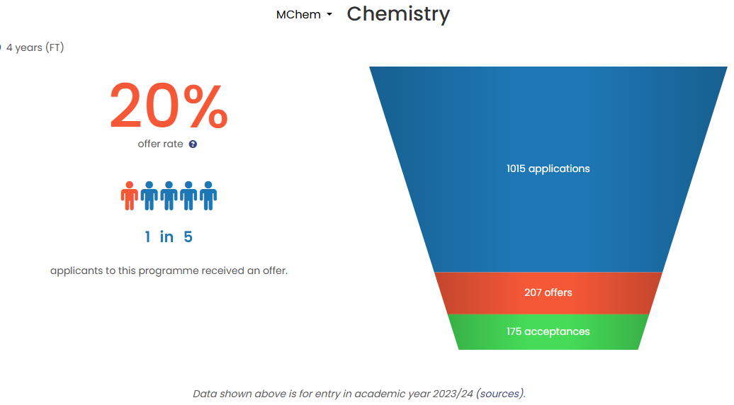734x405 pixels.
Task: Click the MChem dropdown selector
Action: click(304, 14)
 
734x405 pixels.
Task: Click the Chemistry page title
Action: click(398, 14)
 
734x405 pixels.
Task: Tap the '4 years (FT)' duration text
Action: click(35, 47)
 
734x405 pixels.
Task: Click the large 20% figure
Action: click(169, 105)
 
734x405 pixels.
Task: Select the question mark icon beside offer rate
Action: click(193, 144)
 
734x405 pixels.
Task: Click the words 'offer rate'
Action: click(160, 144)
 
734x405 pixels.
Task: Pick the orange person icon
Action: click(129, 196)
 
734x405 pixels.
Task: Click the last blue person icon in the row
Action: click(208, 196)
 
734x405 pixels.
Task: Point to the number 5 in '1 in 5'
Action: click(188, 236)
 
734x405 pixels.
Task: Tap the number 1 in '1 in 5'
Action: click(147, 236)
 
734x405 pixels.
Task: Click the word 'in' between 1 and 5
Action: click(166, 236)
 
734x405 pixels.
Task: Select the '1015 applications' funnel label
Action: click(548, 169)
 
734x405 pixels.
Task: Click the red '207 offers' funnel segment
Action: click(548, 292)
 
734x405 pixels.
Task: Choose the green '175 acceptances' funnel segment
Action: click(548, 331)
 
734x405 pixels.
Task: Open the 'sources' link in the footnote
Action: click(500, 394)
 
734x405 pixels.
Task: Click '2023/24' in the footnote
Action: click(453, 394)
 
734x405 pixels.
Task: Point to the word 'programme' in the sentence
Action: click(162, 270)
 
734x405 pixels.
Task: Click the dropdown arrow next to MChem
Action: click(329, 14)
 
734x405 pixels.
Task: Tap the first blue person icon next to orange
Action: click(149, 196)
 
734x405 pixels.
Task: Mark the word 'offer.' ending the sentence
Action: click(275, 270)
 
